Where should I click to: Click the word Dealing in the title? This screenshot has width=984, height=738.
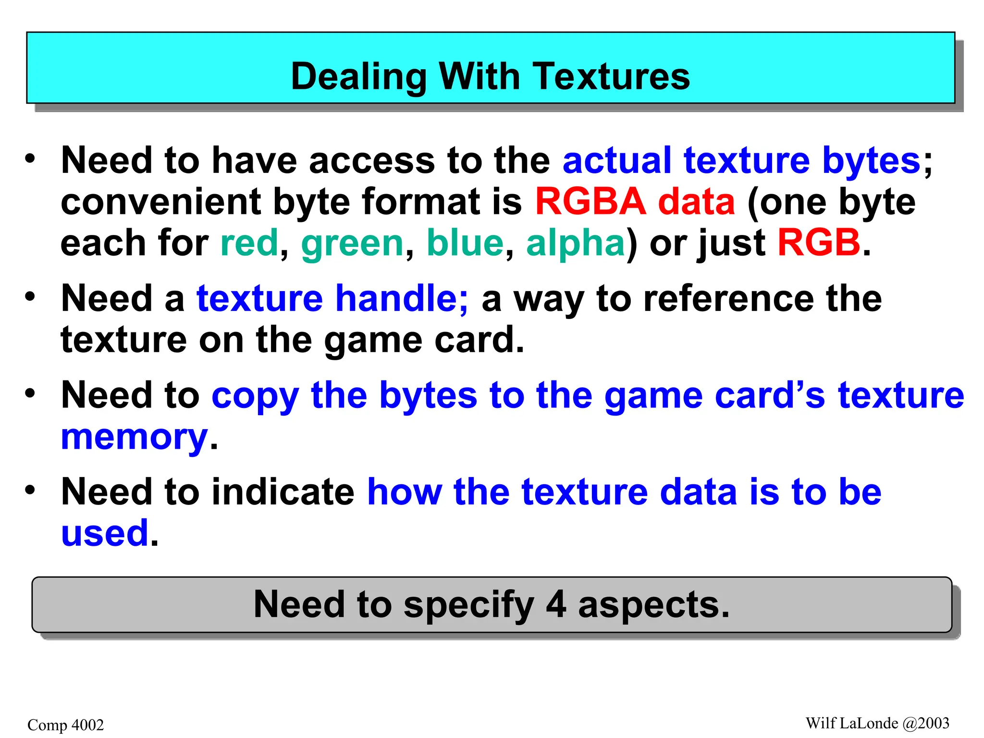(x=358, y=77)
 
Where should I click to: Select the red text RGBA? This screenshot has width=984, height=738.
(x=590, y=202)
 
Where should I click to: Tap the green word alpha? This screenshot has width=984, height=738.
(x=575, y=243)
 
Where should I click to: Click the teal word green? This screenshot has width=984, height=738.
(x=352, y=243)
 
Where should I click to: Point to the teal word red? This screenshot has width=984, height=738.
(x=249, y=243)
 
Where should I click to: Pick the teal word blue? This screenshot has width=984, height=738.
(x=465, y=243)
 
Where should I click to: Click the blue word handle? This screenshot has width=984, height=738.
(x=401, y=299)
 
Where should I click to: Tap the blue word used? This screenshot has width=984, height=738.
(x=105, y=533)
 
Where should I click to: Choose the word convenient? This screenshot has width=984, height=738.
(x=161, y=202)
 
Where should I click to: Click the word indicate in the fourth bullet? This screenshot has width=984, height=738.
(x=283, y=492)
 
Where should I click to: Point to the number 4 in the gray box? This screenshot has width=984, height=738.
(x=556, y=604)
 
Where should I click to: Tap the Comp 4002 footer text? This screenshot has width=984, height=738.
(x=66, y=725)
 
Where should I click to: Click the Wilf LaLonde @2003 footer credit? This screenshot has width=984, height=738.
(x=877, y=723)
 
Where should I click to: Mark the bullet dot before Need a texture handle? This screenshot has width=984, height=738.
(x=30, y=296)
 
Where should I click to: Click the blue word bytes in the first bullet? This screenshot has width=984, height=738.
(x=871, y=161)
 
